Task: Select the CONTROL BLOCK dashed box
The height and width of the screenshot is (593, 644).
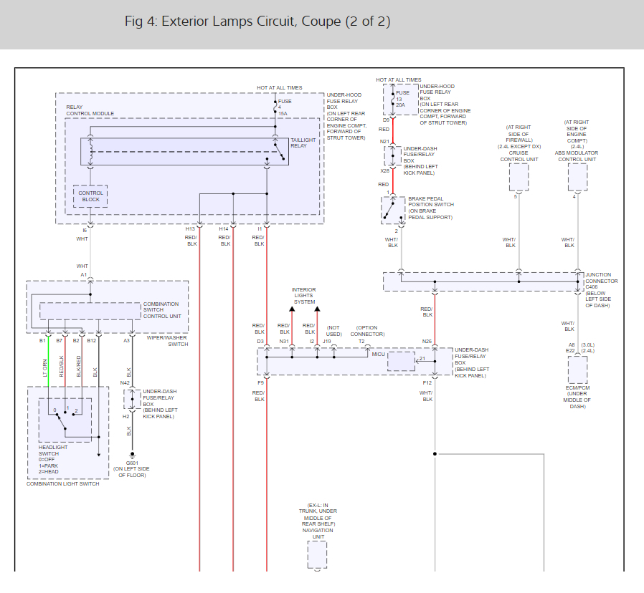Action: point(90,196)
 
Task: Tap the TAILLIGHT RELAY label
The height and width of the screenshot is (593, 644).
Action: point(298,143)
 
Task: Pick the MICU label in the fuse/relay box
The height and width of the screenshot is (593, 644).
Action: point(378,355)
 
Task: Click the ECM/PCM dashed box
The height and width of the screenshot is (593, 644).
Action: point(577,370)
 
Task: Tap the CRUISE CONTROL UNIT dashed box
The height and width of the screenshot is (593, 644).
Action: point(518,176)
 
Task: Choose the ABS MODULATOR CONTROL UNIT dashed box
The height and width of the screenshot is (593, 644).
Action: point(577,176)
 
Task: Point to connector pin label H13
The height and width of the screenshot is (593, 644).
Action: point(190,229)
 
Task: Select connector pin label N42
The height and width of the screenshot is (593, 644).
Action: point(125,383)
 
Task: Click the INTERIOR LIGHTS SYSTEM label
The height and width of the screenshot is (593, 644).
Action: point(303,296)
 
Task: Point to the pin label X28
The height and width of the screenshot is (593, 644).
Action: point(385,171)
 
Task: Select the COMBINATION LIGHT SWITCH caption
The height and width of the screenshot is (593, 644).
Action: point(63,484)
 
